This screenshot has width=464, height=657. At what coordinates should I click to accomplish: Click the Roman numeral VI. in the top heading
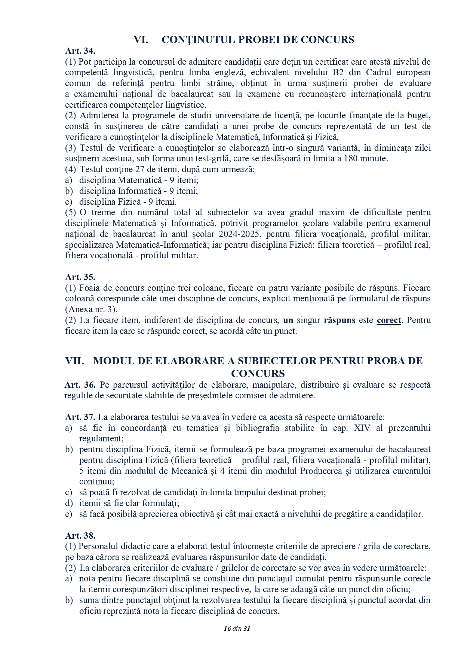pos(141,40)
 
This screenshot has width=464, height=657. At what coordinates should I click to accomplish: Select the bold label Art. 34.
pos(80,51)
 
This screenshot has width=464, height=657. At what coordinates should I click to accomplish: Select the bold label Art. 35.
pos(80,277)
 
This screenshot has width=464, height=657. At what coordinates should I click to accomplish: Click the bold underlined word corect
pos(389,320)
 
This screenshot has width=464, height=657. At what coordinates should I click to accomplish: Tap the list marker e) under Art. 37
pos(68,514)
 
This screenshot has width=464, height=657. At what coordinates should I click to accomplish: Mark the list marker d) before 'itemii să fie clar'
pos(68,504)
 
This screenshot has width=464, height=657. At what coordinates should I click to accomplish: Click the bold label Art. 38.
pos(80,536)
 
